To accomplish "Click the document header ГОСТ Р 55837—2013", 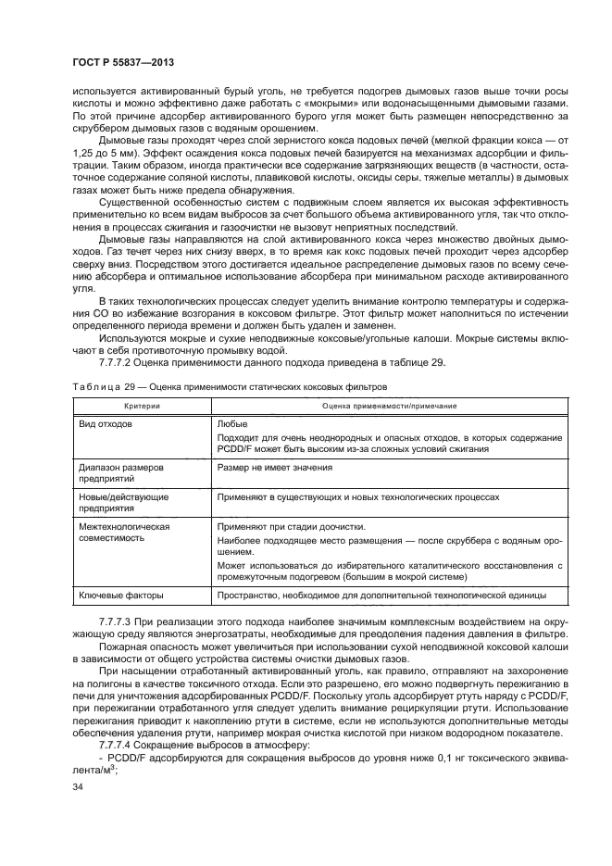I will [x=123, y=61].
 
